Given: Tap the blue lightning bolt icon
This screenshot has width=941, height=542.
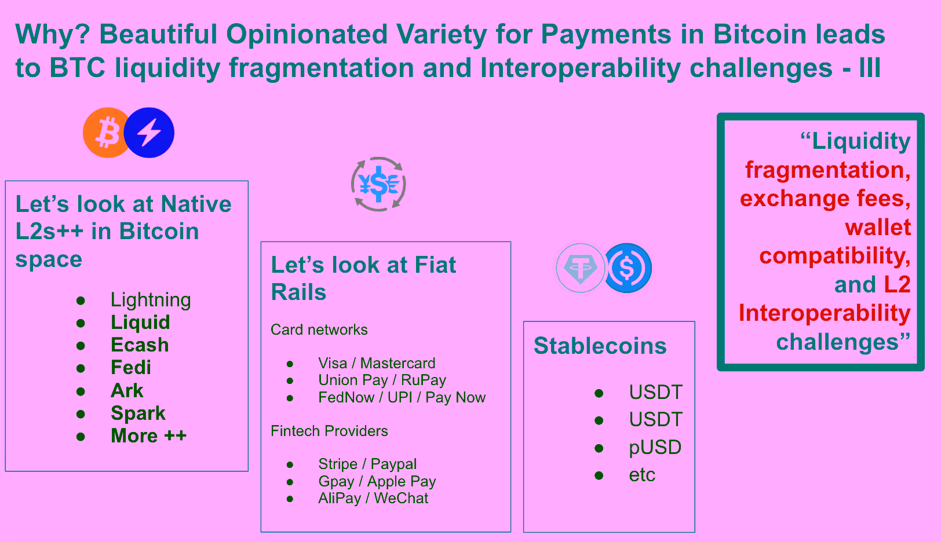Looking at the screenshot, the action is click(149, 133).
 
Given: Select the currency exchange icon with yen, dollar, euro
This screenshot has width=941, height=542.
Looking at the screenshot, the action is click(378, 184).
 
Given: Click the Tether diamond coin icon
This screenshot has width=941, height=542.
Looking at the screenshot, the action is click(581, 268).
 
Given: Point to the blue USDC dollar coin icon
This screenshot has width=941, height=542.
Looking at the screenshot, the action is click(627, 268).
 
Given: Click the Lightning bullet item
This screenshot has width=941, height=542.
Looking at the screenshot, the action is click(151, 300).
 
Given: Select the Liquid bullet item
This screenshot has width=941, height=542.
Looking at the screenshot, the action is click(140, 323).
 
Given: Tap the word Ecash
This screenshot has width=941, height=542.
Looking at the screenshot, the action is click(140, 345).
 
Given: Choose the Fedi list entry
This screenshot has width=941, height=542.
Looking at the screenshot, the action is click(130, 367).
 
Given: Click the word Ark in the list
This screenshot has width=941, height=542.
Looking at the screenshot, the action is click(127, 390).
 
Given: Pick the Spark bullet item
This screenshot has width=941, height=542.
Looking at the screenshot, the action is click(138, 413).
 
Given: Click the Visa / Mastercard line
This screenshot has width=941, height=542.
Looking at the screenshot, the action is click(377, 363).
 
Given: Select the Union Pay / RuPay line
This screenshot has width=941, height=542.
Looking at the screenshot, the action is click(382, 380).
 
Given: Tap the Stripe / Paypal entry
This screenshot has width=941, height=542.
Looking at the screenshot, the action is click(367, 464).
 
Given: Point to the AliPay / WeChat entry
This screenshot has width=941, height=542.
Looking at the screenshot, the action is click(374, 499).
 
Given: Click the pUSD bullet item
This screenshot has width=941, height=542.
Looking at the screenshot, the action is click(655, 448).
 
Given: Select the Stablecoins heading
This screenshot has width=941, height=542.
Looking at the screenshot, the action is click(600, 346).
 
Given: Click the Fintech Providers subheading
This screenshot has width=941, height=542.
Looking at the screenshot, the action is click(329, 431).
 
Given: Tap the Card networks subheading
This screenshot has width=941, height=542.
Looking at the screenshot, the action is click(319, 329).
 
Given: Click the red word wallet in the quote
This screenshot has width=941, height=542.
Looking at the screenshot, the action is click(878, 227).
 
